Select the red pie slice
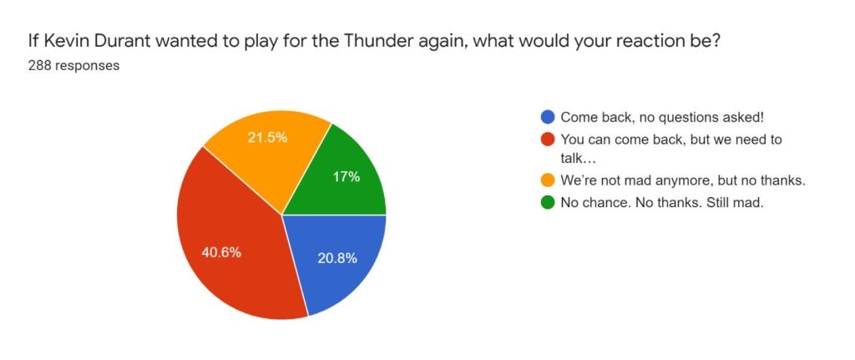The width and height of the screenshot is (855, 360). click(x=229, y=240)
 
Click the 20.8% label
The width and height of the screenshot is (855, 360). click(x=337, y=259)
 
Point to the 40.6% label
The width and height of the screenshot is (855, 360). click(x=221, y=253)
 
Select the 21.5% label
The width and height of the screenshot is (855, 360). click(x=267, y=138)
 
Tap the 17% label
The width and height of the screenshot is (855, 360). click(x=346, y=177)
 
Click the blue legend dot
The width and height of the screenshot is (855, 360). click(x=548, y=117)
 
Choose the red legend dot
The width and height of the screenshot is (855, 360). click(x=548, y=139)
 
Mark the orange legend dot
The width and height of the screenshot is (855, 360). click(x=548, y=180)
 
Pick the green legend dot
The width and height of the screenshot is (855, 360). click(x=548, y=203)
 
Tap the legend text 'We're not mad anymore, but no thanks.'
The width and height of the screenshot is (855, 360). click(x=683, y=180)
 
